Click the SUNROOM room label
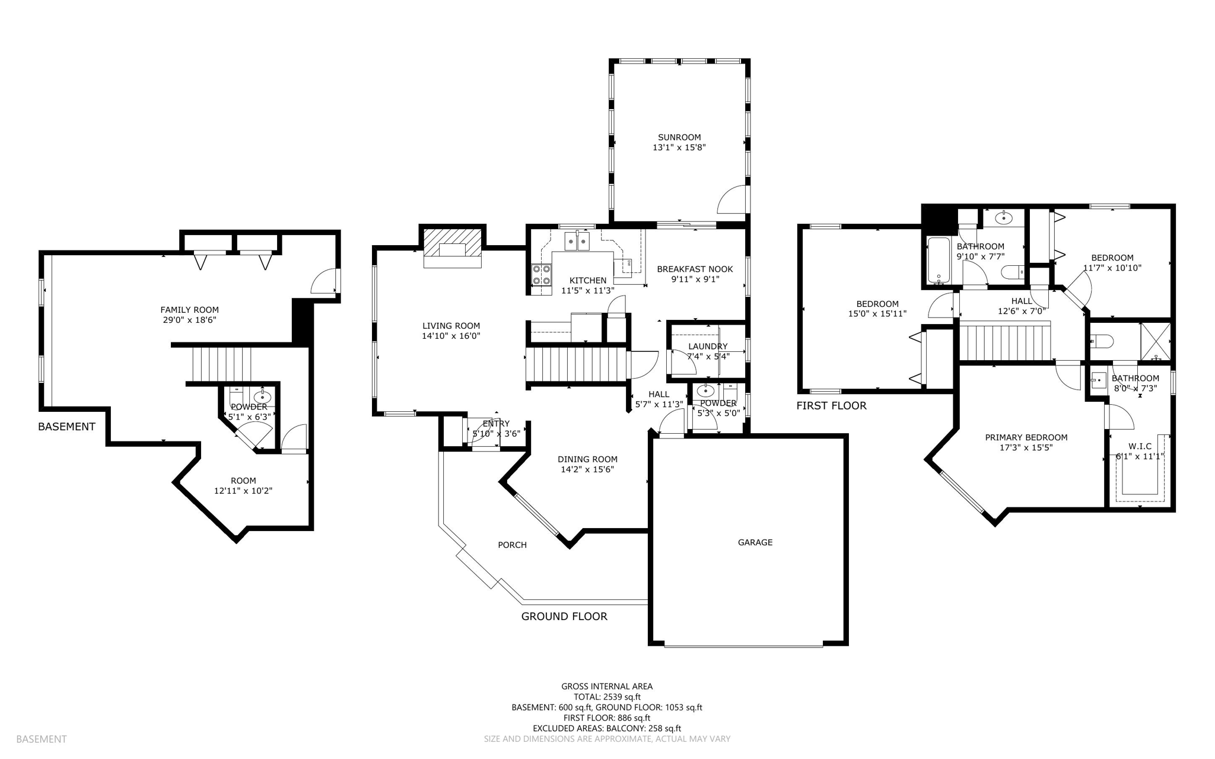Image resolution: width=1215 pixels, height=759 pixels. [x=679, y=137]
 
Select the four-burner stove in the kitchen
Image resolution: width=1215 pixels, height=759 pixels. [x=540, y=275]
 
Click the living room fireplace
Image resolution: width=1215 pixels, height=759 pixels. [x=452, y=249]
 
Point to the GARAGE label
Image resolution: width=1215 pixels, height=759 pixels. [x=755, y=542]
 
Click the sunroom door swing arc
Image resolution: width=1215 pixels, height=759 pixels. [x=731, y=199]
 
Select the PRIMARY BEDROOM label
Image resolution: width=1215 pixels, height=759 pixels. [x=1026, y=437]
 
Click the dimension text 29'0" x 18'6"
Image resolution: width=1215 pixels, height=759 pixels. [x=189, y=320]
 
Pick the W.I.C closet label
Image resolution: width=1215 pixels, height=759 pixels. [x=1140, y=446]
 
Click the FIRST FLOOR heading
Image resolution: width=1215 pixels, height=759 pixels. [x=831, y=405]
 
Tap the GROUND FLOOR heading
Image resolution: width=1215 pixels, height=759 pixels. [x=564, y=616]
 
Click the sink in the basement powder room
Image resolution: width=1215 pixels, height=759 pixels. [x=262, y=396]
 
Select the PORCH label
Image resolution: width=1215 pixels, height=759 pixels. [x=512, y=545]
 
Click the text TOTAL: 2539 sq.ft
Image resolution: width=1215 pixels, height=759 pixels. [x=606, y=697]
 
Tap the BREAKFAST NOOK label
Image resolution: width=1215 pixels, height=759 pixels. [x=694, y=269]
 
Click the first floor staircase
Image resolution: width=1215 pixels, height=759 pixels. [x=1004, y=341]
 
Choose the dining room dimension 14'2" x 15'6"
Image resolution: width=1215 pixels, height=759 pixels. [x=587, y=469]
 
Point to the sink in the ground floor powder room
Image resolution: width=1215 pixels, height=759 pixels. [x=705, y=390]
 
